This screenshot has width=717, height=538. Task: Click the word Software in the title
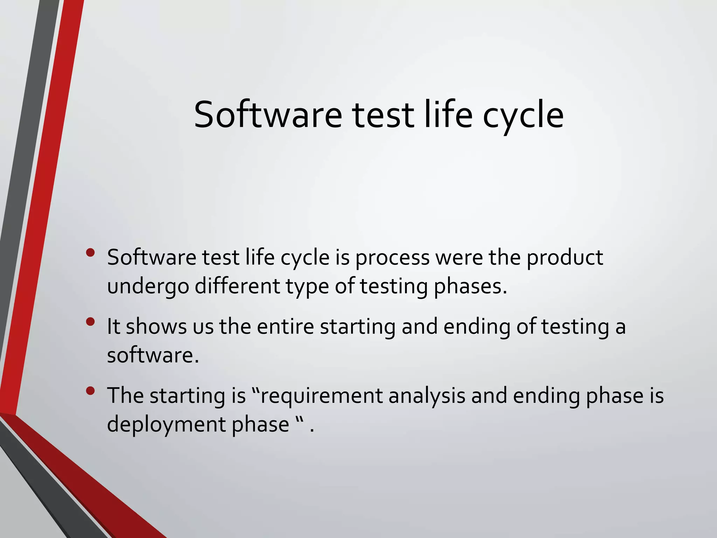[267, 115]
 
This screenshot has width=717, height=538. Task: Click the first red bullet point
[90, 253]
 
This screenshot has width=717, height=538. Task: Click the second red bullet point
[90, 322]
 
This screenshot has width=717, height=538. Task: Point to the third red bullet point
[90, 391]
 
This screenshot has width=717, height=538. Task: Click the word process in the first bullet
[392, 258]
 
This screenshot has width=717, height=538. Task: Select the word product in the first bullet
[565, 258]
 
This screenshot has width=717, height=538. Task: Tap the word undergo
[148, 287]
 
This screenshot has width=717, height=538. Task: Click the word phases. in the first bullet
[470, 287]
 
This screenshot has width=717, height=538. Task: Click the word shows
[156, 326]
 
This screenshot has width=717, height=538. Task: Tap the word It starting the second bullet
[113, 326]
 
